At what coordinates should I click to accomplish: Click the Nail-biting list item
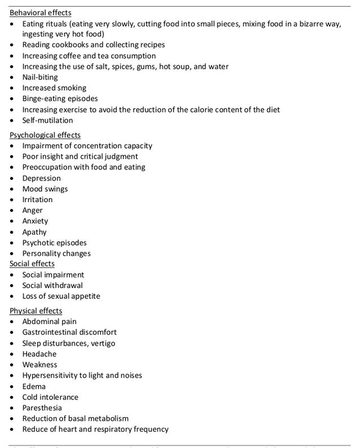(x=41, y=77)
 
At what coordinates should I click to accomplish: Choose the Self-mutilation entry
(x=47, y=120)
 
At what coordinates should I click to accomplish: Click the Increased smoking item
(x=54, y=88)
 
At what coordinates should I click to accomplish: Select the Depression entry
(x=41, y=178)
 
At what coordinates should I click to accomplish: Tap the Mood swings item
(x=45, y=189)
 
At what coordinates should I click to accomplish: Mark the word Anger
(x=33, y=210)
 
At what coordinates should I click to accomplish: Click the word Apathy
(x=34, y=232)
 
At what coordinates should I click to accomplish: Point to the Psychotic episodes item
(x=55, y=243)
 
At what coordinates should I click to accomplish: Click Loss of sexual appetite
(x=61, y=296)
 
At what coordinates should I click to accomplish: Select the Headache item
(x=39, y=354)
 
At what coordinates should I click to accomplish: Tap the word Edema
(x=34, y=386)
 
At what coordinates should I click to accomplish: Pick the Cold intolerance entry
(x=50, y=397)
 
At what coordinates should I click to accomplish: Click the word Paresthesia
(x=42, y=407)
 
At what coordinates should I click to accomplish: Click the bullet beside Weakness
(x=14, y=365)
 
